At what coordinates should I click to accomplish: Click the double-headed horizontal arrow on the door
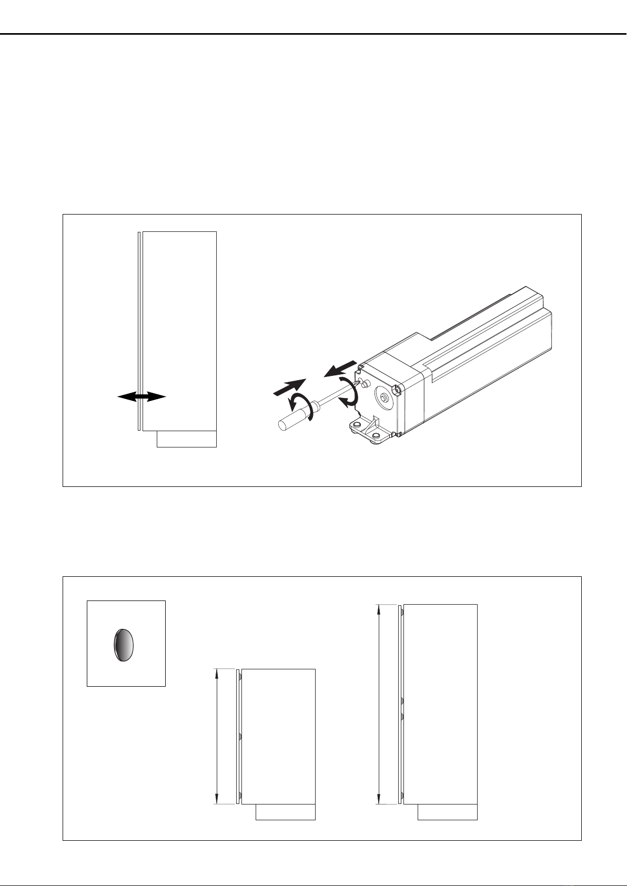[x=141, y=398]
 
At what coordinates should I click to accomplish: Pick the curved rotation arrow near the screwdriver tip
[x=348, y=393]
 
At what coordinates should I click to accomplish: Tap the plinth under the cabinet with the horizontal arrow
[x=186, y=439]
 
